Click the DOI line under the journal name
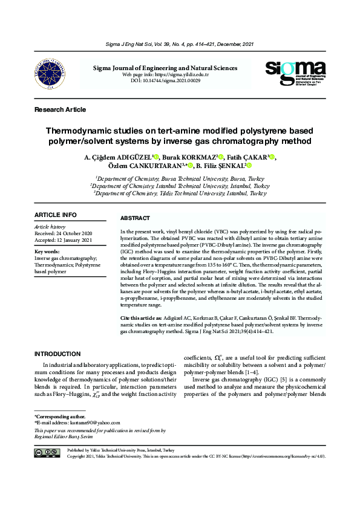pyautogui.click(x=165, y=80)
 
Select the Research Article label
pyautogui.click(x=60, y=109)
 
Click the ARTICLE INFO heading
pyautogui.click(x=56, y=215)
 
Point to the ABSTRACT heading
pyautogui.click(x=135, y=218)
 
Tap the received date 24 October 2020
pyautogui.click(x=64, y=233)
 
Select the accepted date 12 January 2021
pyautogui.click(x=64, y=239)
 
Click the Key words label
pyautogui.click(x=47, y=251)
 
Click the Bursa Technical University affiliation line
pyautogui.click(x=180, y=179)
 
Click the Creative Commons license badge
pyautogui.click(x=47, y=453)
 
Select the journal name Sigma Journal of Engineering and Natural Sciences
pyautogui.click(x=165, y=68)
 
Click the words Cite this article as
pyautogui.click(x=141, y=317)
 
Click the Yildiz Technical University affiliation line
pyautogui.click(x=180, y=193)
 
